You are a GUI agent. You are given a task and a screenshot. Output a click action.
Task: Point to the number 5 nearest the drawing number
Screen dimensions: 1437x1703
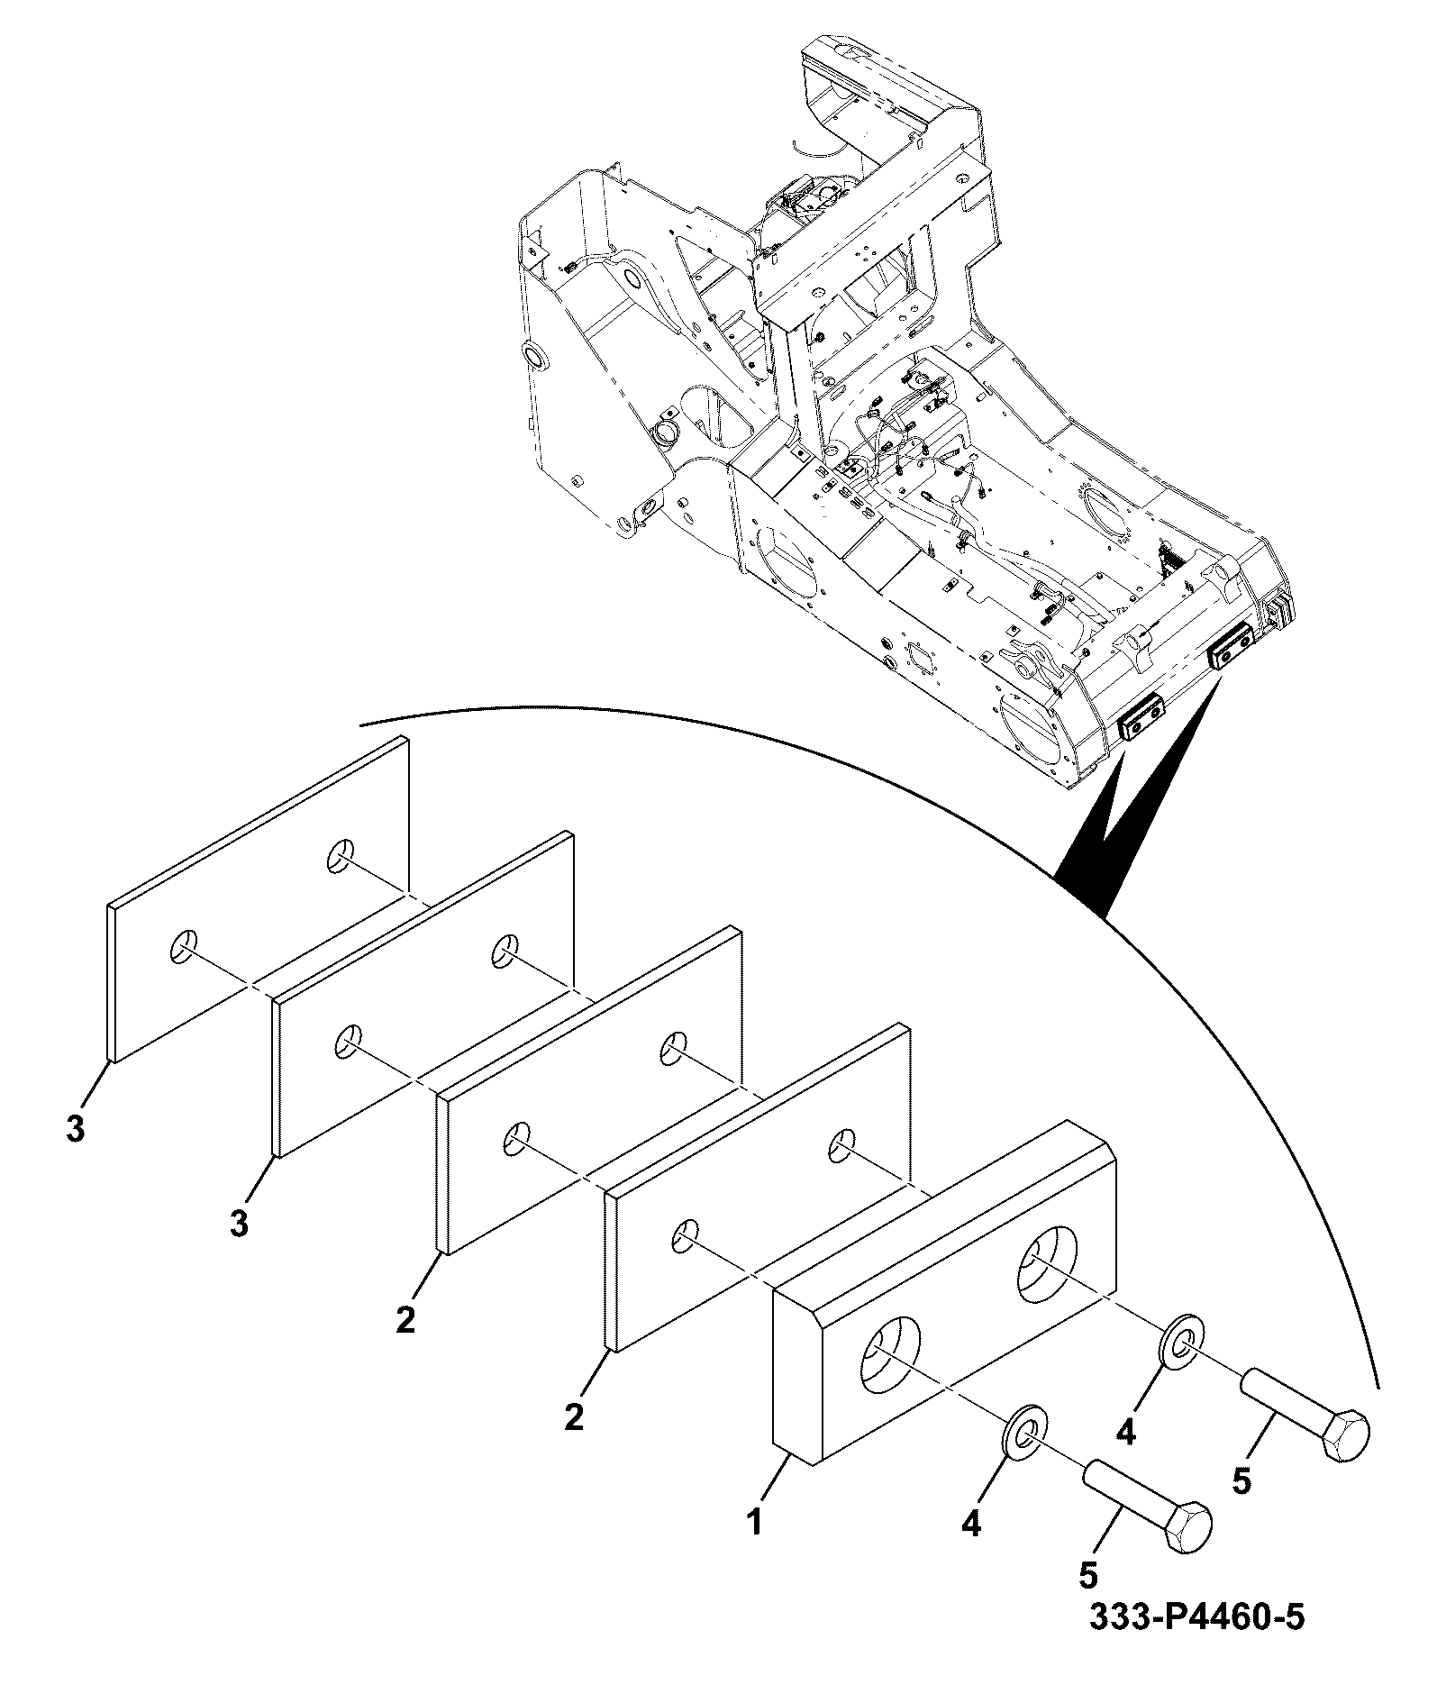[x=1088, y=1575]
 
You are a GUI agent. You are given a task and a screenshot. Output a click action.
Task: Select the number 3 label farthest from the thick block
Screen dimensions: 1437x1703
[x=76, y=1130]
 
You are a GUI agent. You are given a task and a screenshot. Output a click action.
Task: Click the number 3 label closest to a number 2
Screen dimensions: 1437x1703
[x=239, y=1225]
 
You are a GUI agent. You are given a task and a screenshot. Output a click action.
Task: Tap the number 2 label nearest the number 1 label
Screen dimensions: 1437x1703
[x=572, y=1418]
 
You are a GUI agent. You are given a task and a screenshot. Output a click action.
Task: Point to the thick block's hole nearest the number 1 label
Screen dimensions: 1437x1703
[x=892, y=1361]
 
